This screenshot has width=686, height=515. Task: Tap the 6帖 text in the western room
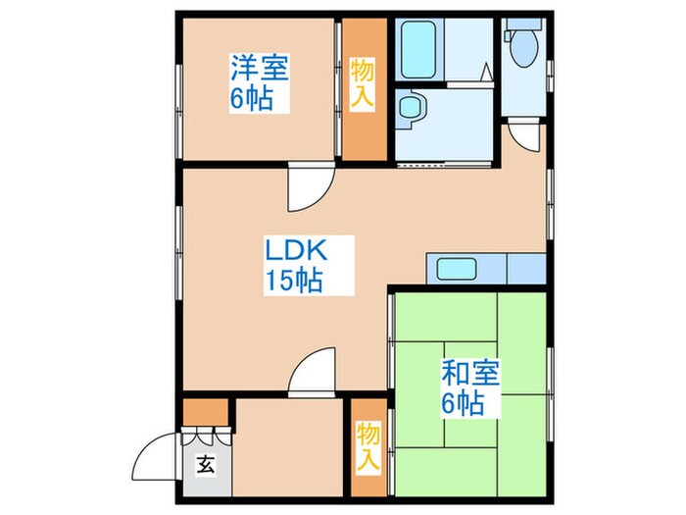click(x=252, y=100)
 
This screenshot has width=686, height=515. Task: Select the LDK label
click(x=292, y=249)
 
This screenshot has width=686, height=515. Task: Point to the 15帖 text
click(x=293, y=282)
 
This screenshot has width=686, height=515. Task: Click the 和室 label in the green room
click(x=470, y=373)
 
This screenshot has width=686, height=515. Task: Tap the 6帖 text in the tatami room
click(x=464, y=404)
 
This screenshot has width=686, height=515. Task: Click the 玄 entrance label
click(x=207, y=465)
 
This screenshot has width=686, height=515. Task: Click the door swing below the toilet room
click(x=524, y=136)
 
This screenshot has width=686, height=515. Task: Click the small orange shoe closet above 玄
click(x=205, y=411)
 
